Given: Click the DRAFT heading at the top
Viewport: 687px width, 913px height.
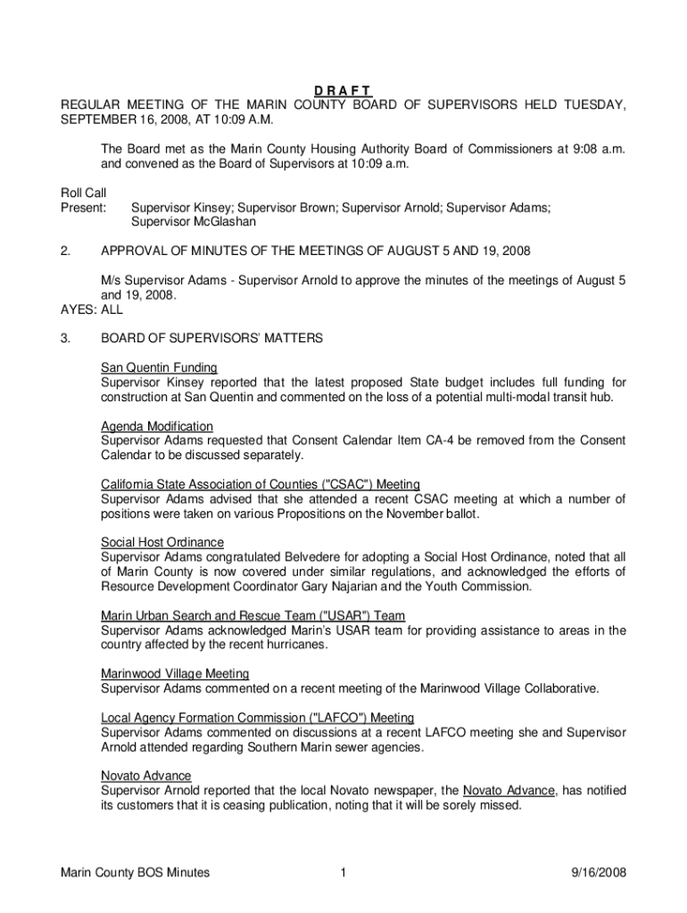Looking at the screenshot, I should click(343, 91).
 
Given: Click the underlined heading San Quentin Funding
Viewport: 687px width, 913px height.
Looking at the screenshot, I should click(159, 367).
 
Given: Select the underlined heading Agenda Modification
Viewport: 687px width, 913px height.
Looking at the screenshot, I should click(157, 426).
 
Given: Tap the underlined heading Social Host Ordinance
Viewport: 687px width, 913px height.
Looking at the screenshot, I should click(162, 542).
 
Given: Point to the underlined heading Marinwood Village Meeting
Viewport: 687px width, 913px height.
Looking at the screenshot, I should click(175, 673).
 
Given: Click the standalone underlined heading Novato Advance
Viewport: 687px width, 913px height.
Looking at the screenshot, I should click(145, 776).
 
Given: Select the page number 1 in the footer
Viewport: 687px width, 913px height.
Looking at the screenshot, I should click(343, 873).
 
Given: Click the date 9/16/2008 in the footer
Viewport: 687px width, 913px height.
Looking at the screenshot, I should click(596, 873).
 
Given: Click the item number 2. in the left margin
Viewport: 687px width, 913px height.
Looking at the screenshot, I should click(65, 251).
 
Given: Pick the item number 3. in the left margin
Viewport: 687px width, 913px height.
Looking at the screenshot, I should click(65, 339).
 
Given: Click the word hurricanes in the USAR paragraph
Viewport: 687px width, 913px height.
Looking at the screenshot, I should click(296, 645).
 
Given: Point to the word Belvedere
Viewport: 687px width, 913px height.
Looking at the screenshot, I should click(270, 557).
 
